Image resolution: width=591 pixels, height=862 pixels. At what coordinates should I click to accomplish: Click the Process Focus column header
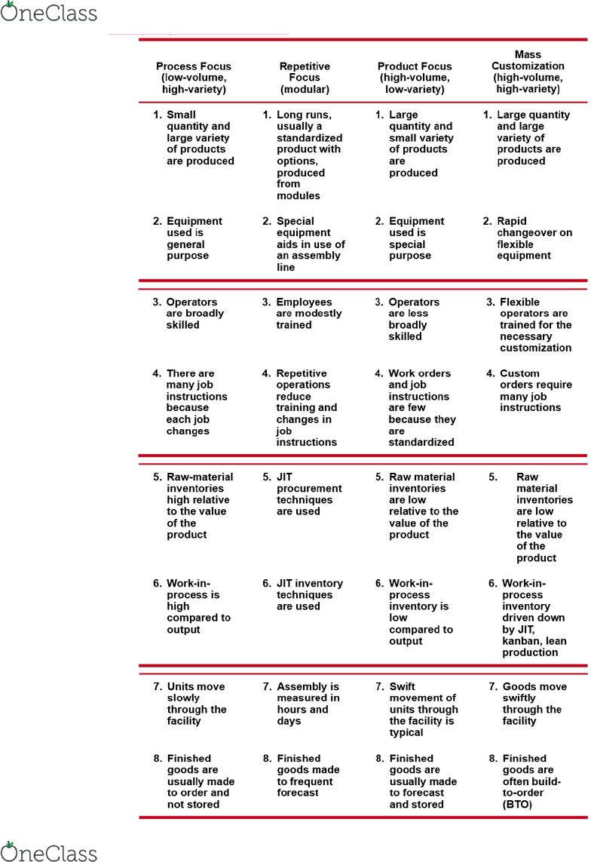pyautogui.click(x=194, y=78)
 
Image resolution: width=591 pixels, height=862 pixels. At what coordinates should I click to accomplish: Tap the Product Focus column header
pyautogui.click(x=415, y=78)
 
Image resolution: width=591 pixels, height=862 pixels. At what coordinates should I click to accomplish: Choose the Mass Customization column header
pyautogui.click(x=528, y=72)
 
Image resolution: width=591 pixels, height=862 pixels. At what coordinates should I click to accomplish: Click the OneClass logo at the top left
pyautogui.click(x=49, y=13)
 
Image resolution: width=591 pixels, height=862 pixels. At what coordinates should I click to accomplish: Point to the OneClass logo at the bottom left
pyautogui.click(x=49, y=851)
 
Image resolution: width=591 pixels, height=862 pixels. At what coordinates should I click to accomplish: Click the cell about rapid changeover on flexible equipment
pyautogui.click(x=532, y=238)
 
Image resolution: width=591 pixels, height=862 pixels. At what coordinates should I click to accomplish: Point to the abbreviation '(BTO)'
pyautogui.click(x=517, y=805)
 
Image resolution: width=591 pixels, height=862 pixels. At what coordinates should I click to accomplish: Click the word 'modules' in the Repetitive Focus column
pyautogui.click(x=298, y=196)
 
